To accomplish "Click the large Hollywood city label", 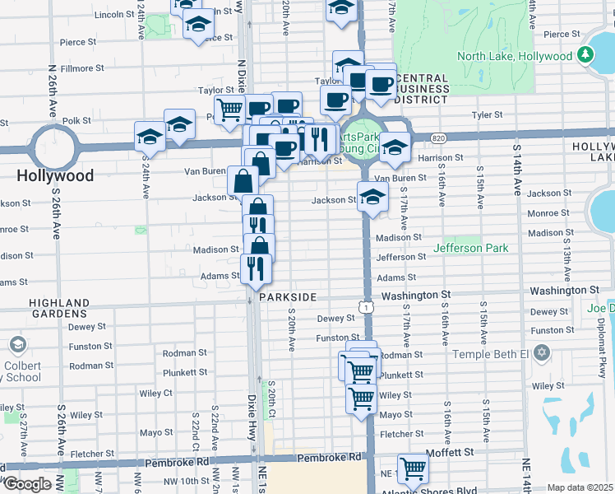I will tap(54, 175).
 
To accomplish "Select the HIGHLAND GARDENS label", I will tap(58, 308).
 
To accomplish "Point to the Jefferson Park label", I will tap(470, 248).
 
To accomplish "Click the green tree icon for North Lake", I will tap(585, 55).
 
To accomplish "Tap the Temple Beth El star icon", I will tap(540, 352).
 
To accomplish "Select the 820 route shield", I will tap(437, 138).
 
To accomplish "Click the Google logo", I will tap(27, 484).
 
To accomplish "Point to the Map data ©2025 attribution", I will tap(580, 487).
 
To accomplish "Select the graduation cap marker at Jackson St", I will tap(372, 197).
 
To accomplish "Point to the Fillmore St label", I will tap(81, 68).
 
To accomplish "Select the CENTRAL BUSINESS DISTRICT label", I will tap(421, 88).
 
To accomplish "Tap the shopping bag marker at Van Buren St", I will tap(246, 179).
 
